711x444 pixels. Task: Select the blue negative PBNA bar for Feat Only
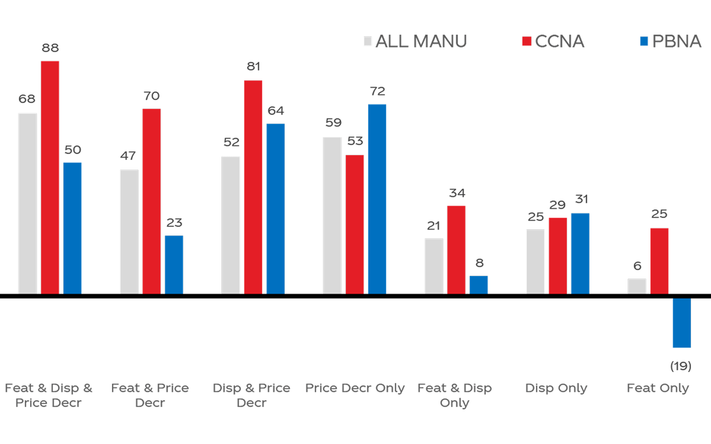(x=682, y=323)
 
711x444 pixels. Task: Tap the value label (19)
(x=681, y=366)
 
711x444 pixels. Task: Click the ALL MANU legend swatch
(x=367, y=41)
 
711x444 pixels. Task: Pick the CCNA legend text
(x=559, y=41)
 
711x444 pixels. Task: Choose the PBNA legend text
(x=677, y=41)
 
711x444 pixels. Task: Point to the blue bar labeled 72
(x=377, y=199)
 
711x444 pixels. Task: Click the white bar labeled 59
(x=332, y=215)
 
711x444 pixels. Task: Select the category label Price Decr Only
(x=355, y=388)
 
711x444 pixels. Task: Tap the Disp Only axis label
(x=556, y=388)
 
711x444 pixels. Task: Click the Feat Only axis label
(x=657, y=388)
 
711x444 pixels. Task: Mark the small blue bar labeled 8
(x=479, y=284)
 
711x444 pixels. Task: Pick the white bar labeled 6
(x=637, y=286)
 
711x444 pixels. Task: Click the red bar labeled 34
(x=456, y=249)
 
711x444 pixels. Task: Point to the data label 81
(x=253, y=67)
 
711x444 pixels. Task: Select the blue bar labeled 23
(x=174, y=264)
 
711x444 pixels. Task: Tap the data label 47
(x=128, y=156)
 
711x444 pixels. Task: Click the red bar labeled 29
(x=558, y=256)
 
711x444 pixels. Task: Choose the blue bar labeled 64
(x=275, y=208)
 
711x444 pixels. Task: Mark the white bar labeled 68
(x=27, y=203)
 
